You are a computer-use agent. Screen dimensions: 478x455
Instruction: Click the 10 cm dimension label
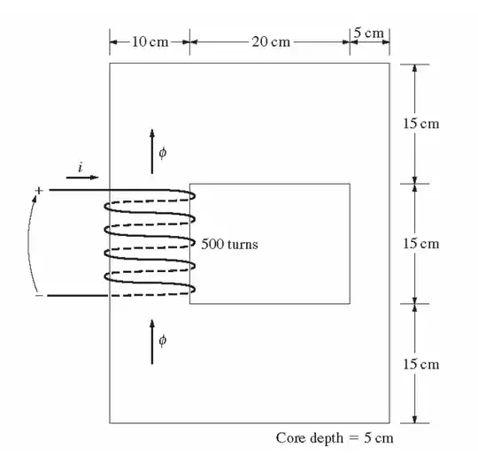(x=150, y=42)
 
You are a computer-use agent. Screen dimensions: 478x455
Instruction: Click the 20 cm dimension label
(x=271, y=42)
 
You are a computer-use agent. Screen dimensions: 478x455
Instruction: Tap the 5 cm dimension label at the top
(x=369, y=33)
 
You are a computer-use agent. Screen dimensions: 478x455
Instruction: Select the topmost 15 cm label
(x=421, y=124)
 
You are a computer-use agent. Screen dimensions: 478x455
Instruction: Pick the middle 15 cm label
(x=421, y=244)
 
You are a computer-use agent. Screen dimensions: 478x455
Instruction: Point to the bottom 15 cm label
(x=421, y=364)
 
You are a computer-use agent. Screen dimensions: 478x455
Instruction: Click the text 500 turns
(x=229, y=244)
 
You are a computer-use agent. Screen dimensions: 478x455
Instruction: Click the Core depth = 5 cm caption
(x=335, y=438)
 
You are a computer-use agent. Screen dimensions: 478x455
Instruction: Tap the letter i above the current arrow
(x=81, y=167)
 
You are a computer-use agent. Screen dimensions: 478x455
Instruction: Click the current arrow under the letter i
(x=82, y=177)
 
